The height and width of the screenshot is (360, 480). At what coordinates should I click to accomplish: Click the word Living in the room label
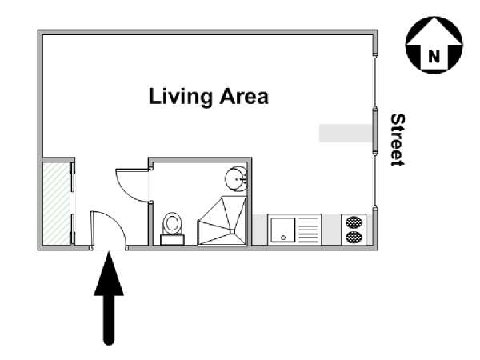click(180, 97)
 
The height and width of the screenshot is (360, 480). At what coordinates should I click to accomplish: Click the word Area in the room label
click(244, 96)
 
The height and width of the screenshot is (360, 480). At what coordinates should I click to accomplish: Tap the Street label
click(398, 140)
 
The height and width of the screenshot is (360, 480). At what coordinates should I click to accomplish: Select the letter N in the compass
click(434, 56)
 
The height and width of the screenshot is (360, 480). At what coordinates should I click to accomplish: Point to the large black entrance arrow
click(109, 298)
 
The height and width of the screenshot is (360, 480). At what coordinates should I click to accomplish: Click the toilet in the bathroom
click(172, 228)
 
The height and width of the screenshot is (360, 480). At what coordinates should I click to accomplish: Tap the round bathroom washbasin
click(236, 178)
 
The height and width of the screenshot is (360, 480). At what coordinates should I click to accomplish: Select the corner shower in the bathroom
click(222, 221)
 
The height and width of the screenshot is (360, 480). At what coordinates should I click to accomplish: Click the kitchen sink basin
click(283, 230)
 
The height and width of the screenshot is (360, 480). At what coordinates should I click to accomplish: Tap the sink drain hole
click(283, 238)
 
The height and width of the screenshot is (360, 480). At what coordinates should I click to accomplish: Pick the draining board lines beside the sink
click(309, 230)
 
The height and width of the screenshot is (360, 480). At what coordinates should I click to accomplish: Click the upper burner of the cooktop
click(354, 222)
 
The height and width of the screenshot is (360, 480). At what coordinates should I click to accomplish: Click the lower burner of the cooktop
click(354, 237)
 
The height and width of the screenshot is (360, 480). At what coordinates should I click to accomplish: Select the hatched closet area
click(57, 203)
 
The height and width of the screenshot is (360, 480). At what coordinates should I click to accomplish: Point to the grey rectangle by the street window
click(346, 133)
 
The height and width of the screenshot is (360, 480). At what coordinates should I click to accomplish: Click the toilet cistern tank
click(172, 240)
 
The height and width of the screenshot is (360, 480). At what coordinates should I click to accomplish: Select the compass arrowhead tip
click(434, 18)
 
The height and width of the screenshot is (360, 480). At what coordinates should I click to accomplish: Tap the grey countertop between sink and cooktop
click(331, 230)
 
